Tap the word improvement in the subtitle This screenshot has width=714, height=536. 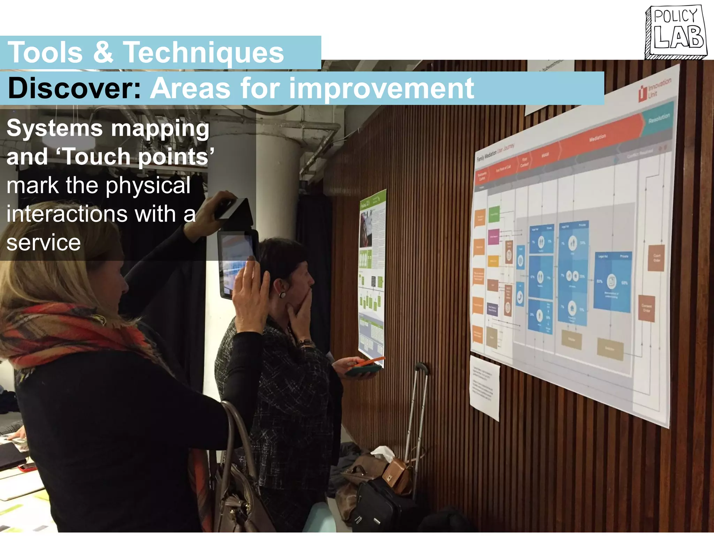tap(381, 89)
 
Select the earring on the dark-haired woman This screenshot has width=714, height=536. tap(282, 295)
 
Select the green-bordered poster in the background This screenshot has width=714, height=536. tap(372, 276)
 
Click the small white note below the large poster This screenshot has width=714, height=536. tap(484, 387)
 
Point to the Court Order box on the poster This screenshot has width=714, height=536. tap(656, 258)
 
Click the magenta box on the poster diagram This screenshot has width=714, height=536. tap(493, 237)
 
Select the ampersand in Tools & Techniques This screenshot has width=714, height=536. tap(103, 52)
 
